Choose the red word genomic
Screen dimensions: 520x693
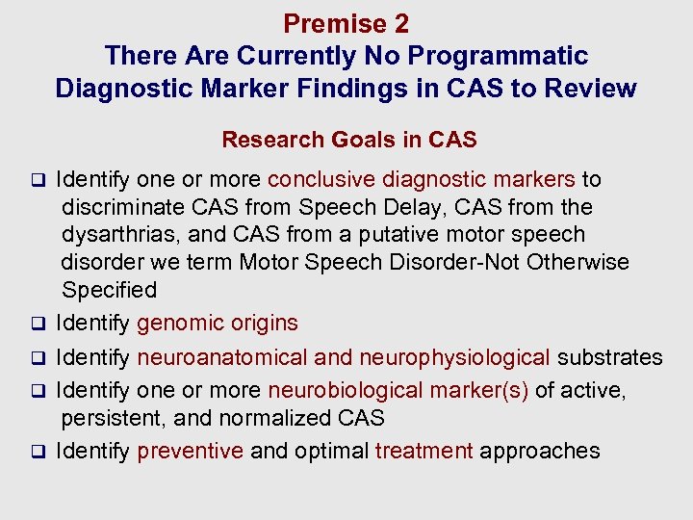[179, 324]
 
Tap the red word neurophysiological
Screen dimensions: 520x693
[454, 358]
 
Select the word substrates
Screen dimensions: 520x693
[610, 358]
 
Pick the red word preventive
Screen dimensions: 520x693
[191, 451]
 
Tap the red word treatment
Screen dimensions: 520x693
[424, 451]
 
